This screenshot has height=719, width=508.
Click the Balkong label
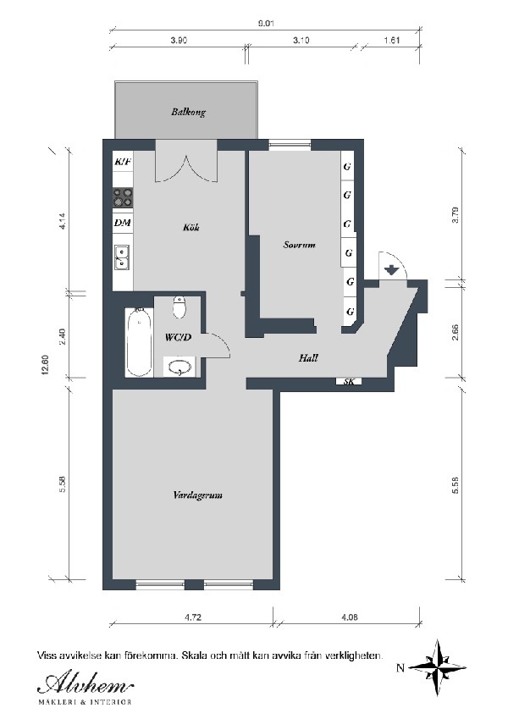[187, 111]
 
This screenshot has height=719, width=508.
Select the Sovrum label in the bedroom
[299, 246]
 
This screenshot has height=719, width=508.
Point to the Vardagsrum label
[196, 495]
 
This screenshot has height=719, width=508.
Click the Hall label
[308, 358]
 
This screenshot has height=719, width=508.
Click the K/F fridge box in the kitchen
[123, 161]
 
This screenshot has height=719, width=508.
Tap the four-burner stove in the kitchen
[123, 197]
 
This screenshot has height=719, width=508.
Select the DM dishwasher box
[123, 223]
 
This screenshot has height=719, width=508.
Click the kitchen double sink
[123, 256]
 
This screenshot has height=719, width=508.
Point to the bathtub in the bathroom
[138, 342]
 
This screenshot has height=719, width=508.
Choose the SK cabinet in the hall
[348, 382]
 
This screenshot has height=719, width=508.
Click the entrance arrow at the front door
[391, 270]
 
